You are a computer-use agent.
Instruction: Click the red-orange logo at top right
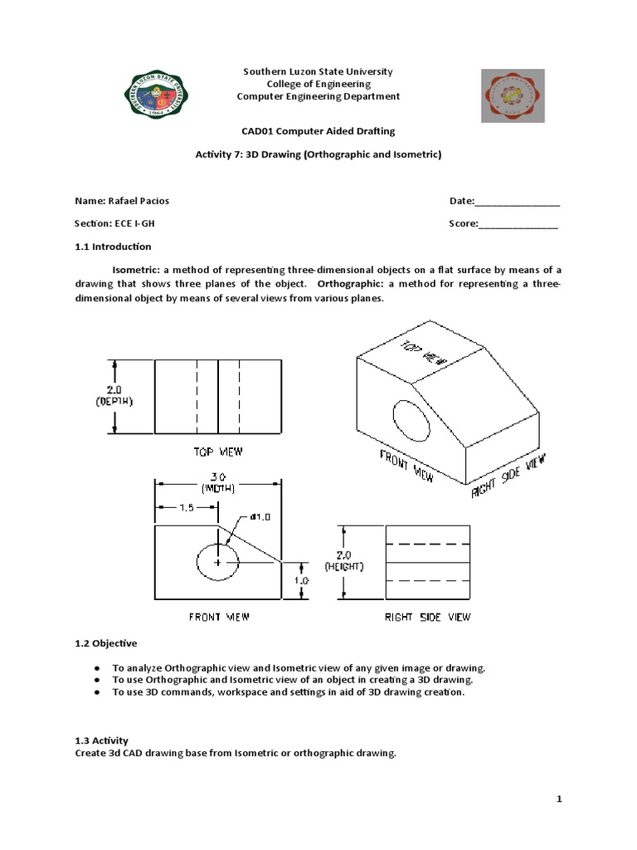(x=513, y=95)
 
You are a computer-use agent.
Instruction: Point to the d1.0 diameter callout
(x=260, y=516)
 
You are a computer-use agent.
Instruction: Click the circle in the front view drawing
(x=218, y=561)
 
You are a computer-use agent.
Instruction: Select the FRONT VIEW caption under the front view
(x=218, y=617)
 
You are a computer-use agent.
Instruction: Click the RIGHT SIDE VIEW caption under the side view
(x=427, y=617)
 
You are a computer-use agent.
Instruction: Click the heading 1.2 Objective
(x=106, y=643)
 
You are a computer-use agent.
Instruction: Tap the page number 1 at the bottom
(x=560, y=799)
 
